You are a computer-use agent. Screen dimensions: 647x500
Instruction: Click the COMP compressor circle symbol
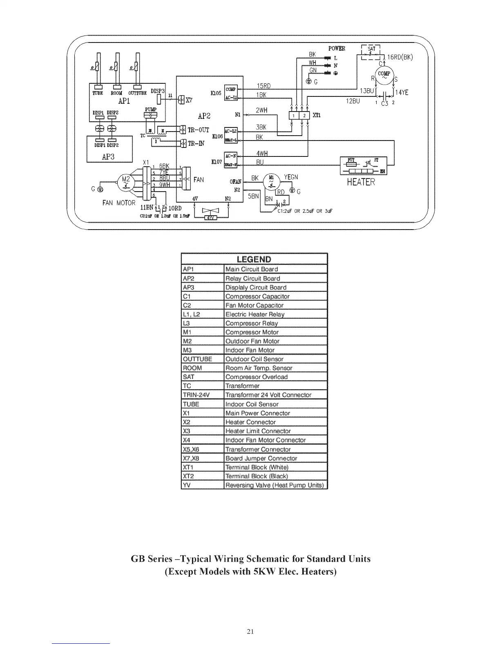[x=384, y=76]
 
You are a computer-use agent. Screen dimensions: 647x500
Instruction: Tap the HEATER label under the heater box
[x=361, y=182]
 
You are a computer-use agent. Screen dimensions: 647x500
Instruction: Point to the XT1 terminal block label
[x=317, y=116]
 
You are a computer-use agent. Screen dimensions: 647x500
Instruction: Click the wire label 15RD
[x=263, y=86]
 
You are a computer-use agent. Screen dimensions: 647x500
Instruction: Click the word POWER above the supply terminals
[x=337, y=49]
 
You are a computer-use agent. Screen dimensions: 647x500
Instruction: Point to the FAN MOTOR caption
[x=119, y=203]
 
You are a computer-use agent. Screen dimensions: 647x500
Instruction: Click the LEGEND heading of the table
[x=254, y=259]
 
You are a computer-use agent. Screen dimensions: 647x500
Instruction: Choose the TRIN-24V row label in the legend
[x=196, y=395]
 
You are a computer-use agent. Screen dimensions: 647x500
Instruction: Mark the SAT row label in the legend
[x=188, y=377]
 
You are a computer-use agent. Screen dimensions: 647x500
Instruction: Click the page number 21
[x=251, y=631]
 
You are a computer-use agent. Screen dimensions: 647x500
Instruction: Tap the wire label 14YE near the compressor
[x=402, y=93]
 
